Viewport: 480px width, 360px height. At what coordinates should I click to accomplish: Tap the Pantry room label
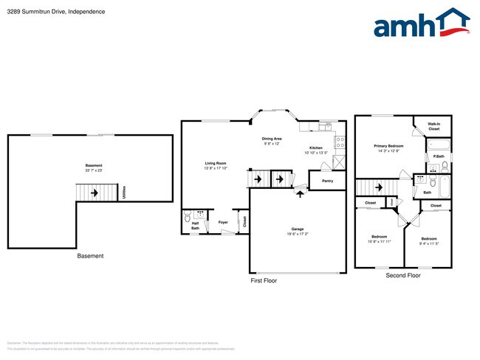click(x=326, y=180)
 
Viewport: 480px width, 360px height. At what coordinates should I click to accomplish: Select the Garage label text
click(x=298, y=229)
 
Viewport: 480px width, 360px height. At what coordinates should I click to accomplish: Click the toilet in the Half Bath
click(x=188, y=217)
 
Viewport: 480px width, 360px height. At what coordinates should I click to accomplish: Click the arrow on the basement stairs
click(x=95, y=194)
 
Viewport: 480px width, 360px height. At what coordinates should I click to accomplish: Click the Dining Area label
click(x=272, y=139)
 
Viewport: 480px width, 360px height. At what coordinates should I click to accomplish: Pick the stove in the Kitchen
click(x=340, y=142)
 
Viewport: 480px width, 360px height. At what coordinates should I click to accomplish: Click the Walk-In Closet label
click(x=434, y=127)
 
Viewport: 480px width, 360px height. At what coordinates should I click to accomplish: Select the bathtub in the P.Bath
click(x=438, y=145)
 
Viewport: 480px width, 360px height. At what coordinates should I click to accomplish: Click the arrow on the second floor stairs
click(x=383, y=187)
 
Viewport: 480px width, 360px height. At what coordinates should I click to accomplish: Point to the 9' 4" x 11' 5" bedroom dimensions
click(x=430, y=243)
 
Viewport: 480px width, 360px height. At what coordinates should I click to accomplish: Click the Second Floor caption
click(x=403, y=275)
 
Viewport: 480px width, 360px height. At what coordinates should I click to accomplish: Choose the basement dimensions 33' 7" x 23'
click(x=94, y=170)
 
